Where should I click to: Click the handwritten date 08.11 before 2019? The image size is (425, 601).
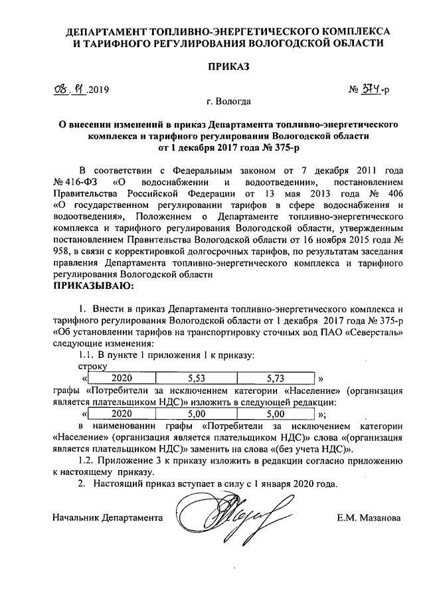[71, 88]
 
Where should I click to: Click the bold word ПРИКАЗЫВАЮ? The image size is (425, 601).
[93, 286]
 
